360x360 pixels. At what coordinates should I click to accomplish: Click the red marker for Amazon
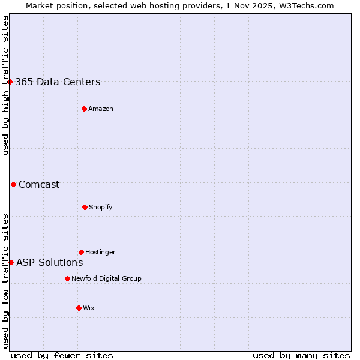click(x=84, y=109)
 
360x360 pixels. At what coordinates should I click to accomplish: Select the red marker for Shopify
click(x=85, y=207)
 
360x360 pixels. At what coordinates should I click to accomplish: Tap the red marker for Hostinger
click(x=81, y=252)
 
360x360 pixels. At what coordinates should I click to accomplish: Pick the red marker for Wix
click(x=79, y=308)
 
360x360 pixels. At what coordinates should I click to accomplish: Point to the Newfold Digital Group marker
click(x=67, y=278)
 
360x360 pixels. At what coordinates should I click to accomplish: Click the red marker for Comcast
click(x=13, y=184)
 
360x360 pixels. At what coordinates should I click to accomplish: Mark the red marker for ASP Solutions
click(x=11, y=262)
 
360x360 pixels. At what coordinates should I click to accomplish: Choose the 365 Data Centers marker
click(x=10, y=82)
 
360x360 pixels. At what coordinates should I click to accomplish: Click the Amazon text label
click(x=101, y=109)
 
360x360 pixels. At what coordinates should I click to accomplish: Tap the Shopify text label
click(x=101, y=207)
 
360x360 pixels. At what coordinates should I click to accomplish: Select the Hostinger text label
click(x=100, y=252)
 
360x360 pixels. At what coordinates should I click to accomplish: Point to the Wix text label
click(x=89, y=308)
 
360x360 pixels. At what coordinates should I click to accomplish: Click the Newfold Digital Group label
click(x=106, y=278)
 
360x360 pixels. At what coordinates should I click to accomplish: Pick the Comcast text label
click(x=39, y=184)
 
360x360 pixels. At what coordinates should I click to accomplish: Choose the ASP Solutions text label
click(x=49, y=262)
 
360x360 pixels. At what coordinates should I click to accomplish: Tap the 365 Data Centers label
click(x=58, y=82)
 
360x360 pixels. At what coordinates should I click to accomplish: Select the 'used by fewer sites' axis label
click(x=62, y=355)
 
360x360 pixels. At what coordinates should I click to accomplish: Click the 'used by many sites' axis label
click(x=301, y=355)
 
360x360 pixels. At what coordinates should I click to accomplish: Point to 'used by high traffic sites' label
click(x=5, y=85)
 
